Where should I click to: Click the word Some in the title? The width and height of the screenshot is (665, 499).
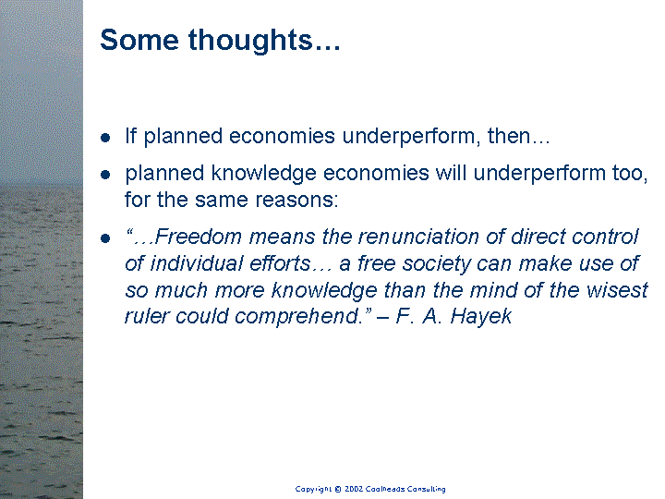tap(139, 40)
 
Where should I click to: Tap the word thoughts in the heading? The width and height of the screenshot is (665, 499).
tap(250, 41)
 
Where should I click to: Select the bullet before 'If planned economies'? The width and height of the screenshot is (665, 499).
tap(105, 138)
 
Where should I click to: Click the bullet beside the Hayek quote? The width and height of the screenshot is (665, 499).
tap(105, 238)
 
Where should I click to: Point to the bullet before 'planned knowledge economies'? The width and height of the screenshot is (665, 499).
tap(105, 175)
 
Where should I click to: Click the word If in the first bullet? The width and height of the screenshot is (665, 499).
tap(130, 136)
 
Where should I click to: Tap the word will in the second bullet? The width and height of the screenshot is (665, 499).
tap(452, 173)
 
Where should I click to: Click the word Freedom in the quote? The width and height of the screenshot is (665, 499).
tap(198, 237)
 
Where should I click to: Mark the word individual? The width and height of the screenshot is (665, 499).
tap(196, 263)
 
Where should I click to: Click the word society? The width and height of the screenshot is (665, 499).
tap(436, 264)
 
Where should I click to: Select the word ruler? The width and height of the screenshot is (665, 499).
tap(146, 316)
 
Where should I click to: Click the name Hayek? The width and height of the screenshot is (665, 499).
tap(481, 317)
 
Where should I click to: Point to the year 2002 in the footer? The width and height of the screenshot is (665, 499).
tap(354, 489)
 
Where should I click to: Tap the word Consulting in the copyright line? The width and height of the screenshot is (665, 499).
tap(426, 489)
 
